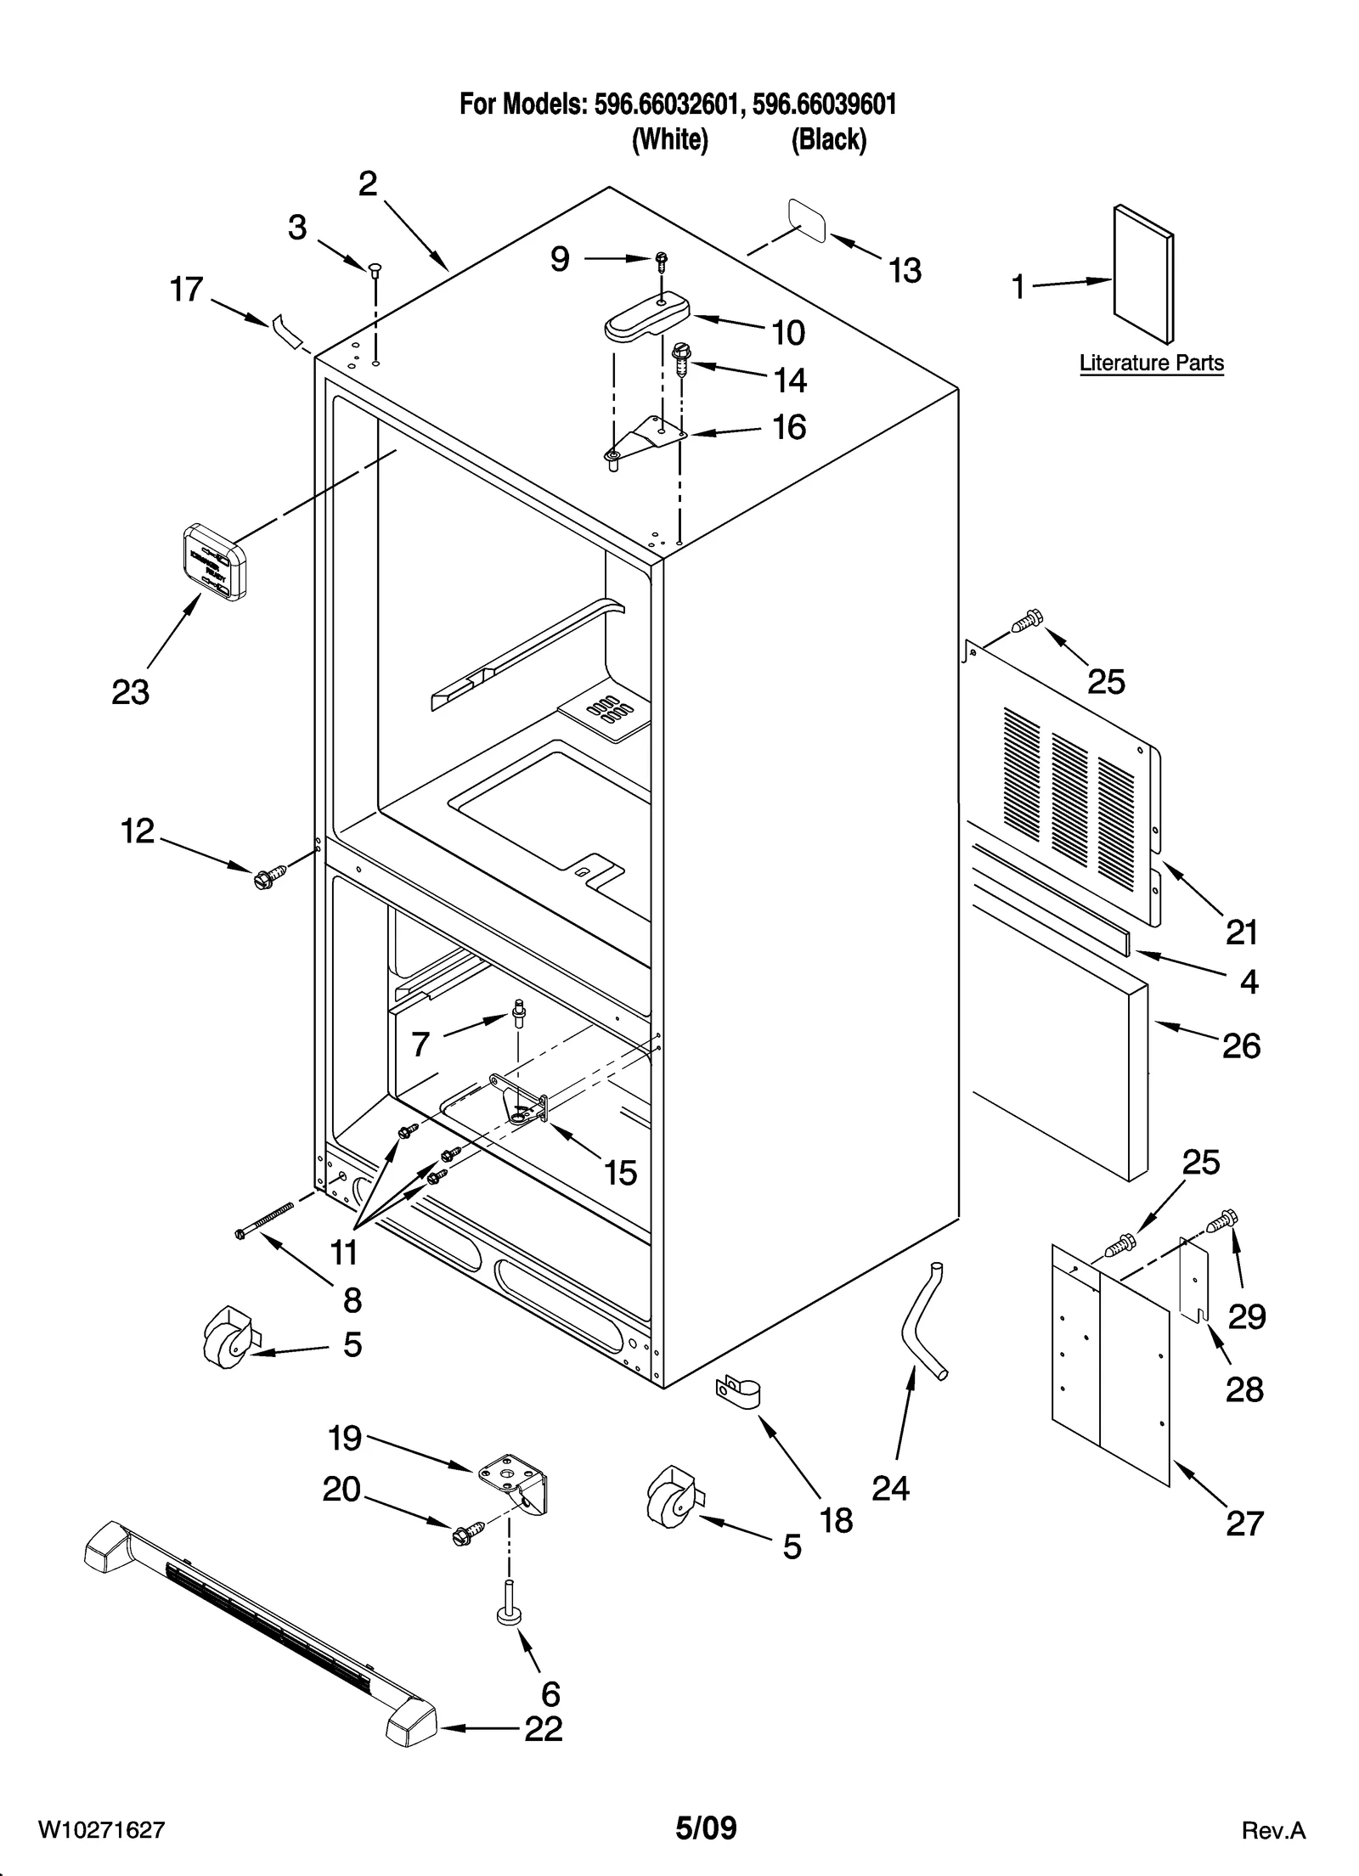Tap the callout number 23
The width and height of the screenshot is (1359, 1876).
(x=130, y=692)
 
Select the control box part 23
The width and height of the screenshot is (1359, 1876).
(x=215, y=562)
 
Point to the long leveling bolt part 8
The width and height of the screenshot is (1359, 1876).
(x=264, y=1220)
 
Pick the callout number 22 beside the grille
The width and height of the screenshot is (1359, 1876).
(x=543, y=1728)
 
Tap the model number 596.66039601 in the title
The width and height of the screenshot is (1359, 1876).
(x=824, y=104)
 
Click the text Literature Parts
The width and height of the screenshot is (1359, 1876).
(x=1151, y=363)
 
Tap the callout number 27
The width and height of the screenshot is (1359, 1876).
(x=1245, y=1523)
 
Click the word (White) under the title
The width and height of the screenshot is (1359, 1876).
(x=669, y=139)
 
